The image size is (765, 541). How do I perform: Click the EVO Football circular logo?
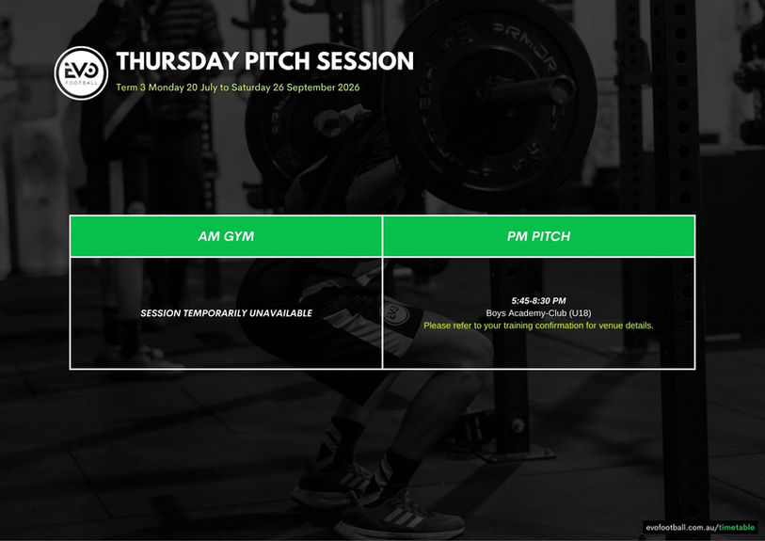(x=81, y=73)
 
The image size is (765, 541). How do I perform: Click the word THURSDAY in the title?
(x=178, y=61)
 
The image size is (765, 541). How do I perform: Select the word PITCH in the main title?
(x=278, y=61)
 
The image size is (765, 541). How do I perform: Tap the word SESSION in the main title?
(x=365, y=61)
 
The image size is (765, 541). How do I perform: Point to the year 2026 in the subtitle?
(x=348, y=88)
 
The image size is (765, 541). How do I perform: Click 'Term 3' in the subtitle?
(x=131, y=88)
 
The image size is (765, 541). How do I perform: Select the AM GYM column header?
(x=226, y=236)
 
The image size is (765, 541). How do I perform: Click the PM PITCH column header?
(x=538, y=236)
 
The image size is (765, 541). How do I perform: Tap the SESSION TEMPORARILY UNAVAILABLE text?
(x=227, y=313)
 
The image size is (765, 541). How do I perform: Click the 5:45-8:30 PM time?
(x=538, y=301)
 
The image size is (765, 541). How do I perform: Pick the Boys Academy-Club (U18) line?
(x=538, y=313)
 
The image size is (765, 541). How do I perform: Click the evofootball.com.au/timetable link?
(x=700, y=527)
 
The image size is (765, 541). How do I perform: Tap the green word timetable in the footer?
(x=737, y=527)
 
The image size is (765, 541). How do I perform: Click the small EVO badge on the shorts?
(x=394, y=312)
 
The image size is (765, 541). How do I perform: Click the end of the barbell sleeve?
(x=563, y=89)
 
